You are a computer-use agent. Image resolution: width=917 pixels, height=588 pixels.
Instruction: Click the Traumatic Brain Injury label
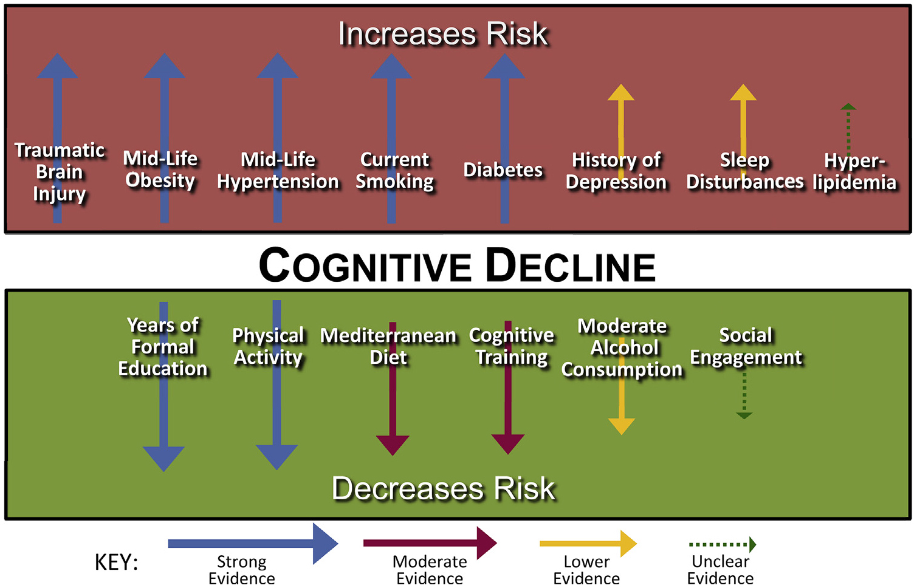tap(59, 172)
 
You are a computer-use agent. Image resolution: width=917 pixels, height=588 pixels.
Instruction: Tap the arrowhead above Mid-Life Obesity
tap(164, 67)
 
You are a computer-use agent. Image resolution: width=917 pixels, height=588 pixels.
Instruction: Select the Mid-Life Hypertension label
tap(278, 171)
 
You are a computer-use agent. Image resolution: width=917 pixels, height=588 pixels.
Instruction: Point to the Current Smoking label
tap(394, 171)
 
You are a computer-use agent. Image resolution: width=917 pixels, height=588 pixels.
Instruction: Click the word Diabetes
tap(503, 170)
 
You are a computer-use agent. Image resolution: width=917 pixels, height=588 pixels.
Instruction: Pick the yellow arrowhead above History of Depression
tap(620, 93)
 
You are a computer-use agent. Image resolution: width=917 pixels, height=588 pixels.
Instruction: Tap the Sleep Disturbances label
tap(744, 171)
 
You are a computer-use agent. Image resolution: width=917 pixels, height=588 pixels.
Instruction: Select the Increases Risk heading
tap(443, 34)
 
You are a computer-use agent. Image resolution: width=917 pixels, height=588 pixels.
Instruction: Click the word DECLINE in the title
tap(571, 267)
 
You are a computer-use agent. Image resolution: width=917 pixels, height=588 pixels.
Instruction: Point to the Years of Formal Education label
tap(163, 347)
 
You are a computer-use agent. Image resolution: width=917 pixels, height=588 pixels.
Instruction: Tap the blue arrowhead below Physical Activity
tap(276, 456)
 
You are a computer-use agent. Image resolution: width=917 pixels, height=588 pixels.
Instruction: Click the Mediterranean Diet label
tap(388, 346)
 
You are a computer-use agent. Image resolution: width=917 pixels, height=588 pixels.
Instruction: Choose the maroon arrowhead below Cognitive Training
tap(507, 444)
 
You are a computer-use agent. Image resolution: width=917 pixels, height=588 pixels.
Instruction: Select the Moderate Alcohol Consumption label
tap(622, 347)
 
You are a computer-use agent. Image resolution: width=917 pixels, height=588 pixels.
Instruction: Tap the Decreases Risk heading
tap(443, 488)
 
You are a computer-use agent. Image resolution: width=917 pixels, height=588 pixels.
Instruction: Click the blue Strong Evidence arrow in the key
tap(252, 544)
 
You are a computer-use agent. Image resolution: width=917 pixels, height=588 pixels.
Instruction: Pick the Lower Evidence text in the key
tap(586, 570)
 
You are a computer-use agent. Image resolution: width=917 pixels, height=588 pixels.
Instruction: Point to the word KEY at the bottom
tap(116, 562)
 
